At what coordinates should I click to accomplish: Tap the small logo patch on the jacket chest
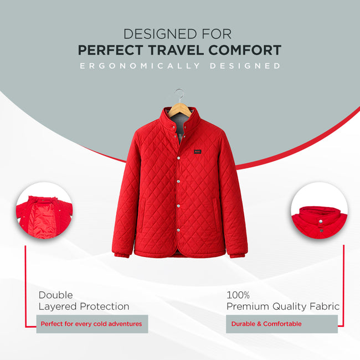point(198,151)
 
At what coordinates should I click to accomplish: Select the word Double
point(55,295)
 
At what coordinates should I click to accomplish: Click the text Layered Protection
point(84,306)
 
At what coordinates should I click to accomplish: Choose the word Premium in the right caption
point(248,306)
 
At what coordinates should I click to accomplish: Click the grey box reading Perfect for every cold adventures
point(92,324)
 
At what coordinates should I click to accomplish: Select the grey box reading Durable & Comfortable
point(281,324)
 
